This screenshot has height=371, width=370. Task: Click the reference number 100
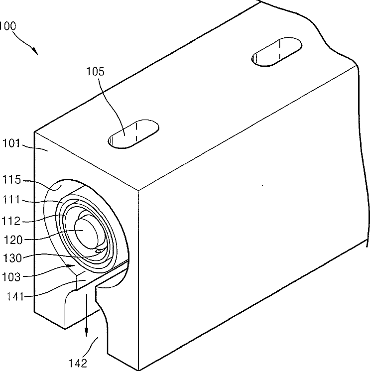point(7,26)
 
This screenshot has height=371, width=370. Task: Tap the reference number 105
point(95,71)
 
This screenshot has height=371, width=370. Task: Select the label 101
point(11,143)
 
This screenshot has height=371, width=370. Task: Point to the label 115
point(11,180)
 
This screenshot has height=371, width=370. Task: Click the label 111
point(11,200)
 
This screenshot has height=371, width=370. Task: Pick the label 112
point(11,221)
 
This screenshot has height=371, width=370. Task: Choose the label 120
point(13,240)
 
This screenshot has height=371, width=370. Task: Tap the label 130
point(12,257)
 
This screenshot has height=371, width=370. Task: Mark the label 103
point(11,277)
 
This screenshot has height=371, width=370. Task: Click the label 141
point(15,296)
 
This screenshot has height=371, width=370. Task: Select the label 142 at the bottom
point(78,363)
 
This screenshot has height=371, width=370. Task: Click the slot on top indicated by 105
point(133,134)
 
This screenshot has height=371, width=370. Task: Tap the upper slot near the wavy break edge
point(276,52)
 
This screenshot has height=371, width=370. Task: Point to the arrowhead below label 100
point(35,51)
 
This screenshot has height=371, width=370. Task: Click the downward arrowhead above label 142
point(86,333)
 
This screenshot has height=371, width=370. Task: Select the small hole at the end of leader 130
point(98,251)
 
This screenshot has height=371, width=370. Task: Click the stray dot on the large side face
point(262,185)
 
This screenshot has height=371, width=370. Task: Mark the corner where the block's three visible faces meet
point(138,190)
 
